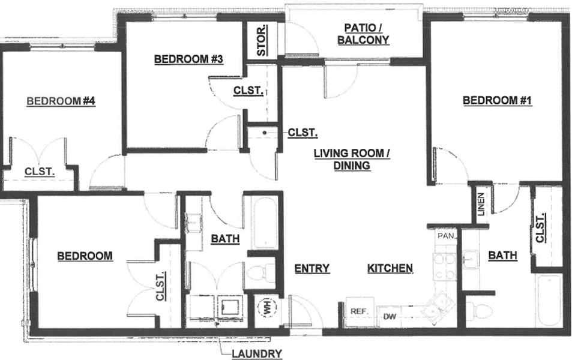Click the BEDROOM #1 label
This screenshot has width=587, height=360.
pyautogui.click(x=497, y=100)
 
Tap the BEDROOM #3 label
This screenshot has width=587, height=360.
pyautogui.click(x=188, y=59)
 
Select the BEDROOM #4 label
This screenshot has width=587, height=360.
pyautogui.click(x=61, y=101)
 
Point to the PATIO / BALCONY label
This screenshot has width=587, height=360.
pyautogui.click(x=363, y=34)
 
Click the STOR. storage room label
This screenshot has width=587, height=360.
pyautogui.click(x=262, y=40)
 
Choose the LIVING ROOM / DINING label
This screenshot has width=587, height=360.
pyautogui.click(x=352, y=159)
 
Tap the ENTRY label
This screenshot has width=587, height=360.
pyautogui.click(x=312, y=268)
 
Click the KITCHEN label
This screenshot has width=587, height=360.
pyautogui.click(x=390, y=268)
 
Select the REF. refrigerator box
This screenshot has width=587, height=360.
pyautogui.click(x=360, y=311)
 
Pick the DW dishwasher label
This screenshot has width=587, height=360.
pyautogui.click(x=390, y=317)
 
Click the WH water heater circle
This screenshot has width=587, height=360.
pyautogui.click(x=267, y=308)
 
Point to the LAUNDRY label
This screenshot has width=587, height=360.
pyautogui.click(x=257, y=353)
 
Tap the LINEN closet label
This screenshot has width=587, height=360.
pyautogui.click(x=481, y=205)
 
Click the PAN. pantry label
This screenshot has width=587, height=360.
pyautogui.click(x=446, y=236)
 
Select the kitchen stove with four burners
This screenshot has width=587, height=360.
pyautogui.click(x=444, y=267)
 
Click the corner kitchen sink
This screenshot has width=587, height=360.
pyautogui.click(x=438, y=304)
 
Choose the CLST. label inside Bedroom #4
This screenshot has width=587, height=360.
pyautogui.click(x=40, y=172)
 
